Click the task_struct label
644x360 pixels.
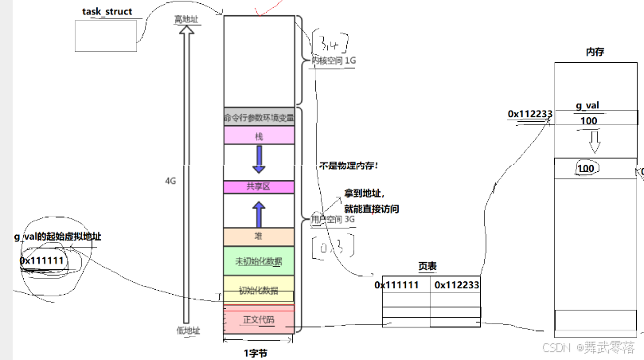(107, 13)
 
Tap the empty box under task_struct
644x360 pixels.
(107, 34)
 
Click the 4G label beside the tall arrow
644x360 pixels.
(170, 181)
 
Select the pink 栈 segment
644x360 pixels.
(259, 136)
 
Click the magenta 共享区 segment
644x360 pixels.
(259, 186)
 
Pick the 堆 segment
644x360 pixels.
(259, 237)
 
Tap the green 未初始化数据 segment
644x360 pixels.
(259, 261)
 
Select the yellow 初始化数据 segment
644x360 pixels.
(259, 288)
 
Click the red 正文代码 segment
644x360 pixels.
(259, 319)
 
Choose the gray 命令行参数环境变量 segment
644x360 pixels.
(259, 117)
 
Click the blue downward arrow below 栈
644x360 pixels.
(259, 160)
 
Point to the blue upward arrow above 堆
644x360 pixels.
(259, 213)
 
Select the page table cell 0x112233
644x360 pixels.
(455, 284)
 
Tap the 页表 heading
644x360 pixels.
(427, 267)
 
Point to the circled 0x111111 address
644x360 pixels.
(41, 260)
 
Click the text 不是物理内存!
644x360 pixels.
(349, 166)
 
